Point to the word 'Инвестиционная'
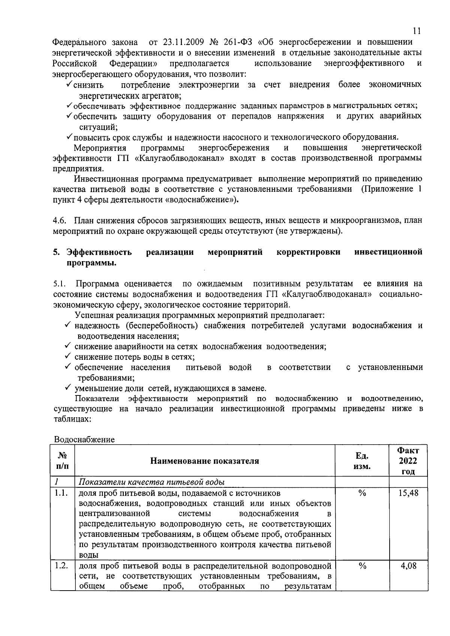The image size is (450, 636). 104,179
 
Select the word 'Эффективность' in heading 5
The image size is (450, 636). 99,252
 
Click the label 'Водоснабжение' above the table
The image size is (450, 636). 84,439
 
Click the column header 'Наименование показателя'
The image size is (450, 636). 204,461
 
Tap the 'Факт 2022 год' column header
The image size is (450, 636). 408,461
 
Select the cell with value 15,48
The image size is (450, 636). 408,493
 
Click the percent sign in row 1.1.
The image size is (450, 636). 362,493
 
